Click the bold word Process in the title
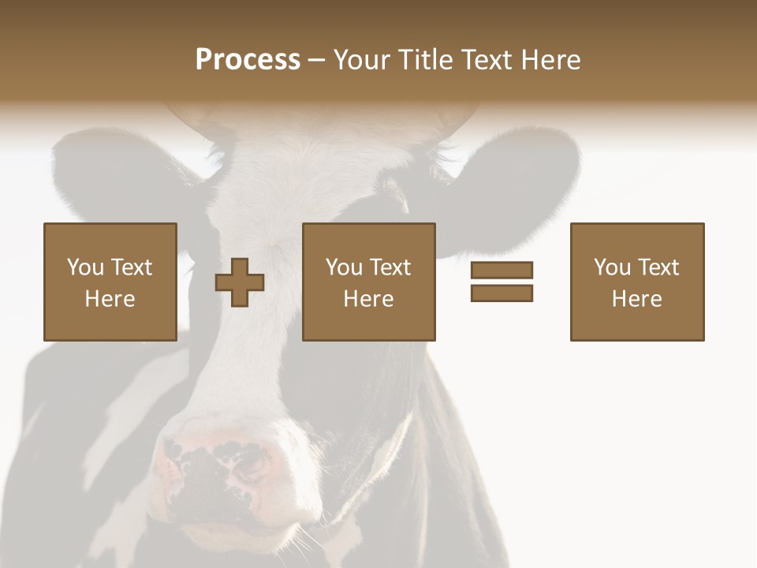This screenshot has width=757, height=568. (x=248, y=60)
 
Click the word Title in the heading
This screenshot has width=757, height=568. (x=427, y=60)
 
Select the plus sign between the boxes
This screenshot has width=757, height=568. (x=240, y=282)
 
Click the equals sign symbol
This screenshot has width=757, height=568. (x=502, y=282)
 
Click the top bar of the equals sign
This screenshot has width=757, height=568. (x=502, y=270)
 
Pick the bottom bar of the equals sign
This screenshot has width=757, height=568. (x=502, y=293)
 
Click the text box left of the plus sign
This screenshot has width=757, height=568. (x=110, y=282)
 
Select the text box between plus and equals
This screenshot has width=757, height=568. (x=368, y=282)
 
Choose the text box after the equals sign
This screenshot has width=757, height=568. (x=636, y=282)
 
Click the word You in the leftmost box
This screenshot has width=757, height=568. (x=84, y=267)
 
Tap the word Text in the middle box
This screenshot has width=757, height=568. (x=391, y=267)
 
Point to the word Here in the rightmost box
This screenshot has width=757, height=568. (x=636, y=299)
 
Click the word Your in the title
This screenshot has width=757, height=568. (x=365, y=60)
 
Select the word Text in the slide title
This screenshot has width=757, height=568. (x=487, y=60)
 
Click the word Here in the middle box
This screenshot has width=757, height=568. (x=368, y=299)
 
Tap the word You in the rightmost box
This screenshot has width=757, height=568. (x=611, y=267)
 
